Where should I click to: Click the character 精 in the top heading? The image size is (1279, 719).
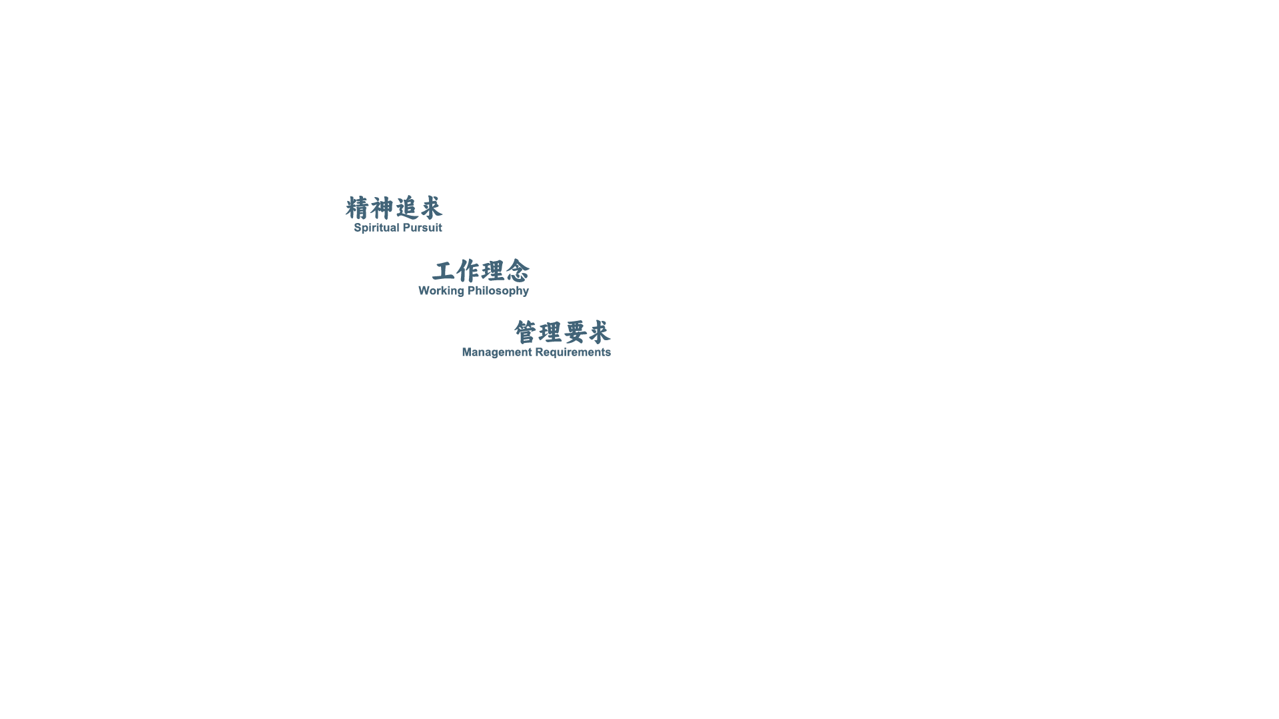click(357, 208)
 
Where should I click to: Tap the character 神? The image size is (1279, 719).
click(382, 208)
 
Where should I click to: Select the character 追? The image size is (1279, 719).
click(407, 208)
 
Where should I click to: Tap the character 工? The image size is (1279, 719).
click(444, 271)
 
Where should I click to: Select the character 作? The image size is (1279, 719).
click(468, 271)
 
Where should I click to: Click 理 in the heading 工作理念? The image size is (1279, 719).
click(493, 271)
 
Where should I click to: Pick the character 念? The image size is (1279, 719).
click(518, 271)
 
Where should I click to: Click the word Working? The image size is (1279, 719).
click(441, 291)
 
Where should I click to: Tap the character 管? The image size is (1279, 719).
click(526, 332)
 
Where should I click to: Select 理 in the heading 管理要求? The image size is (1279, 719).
click(550, 332)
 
